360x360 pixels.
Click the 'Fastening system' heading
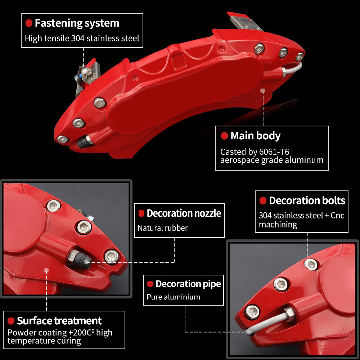point(77,23)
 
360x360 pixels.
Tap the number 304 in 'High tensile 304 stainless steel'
point(78,39)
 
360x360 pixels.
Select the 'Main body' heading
point(256,136)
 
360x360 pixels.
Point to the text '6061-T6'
point(274,152)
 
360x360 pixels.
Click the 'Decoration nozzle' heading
point(184,213)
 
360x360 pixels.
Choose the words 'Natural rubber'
point(163,228)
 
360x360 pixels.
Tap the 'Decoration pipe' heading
point(188,284)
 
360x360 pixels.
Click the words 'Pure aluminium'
point(174,297)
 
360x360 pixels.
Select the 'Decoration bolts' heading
point(307,201)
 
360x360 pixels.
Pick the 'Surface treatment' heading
point(59,321)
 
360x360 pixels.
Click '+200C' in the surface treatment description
point(81,332)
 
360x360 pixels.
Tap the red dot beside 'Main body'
point(224,136)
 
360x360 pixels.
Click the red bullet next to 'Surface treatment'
point(11,321)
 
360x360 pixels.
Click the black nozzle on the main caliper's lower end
point(84,141)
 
